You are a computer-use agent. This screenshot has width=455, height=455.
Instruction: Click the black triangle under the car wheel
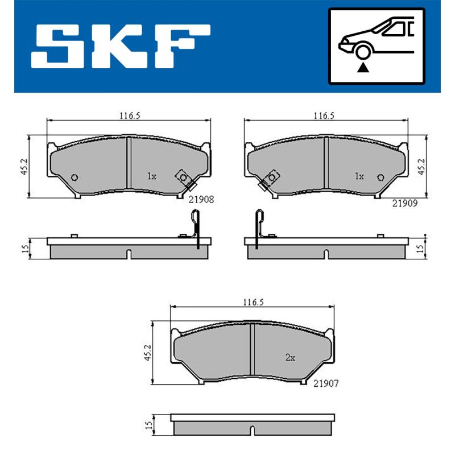click(x=362, y=68)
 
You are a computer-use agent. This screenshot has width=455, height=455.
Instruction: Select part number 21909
click(x=404, y=202)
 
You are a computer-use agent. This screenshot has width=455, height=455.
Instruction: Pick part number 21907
click(x=326, y=385)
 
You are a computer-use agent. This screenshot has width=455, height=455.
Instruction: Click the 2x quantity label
click(x=290, y=358)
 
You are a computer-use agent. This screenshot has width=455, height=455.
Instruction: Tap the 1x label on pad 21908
click(x=151, y=176)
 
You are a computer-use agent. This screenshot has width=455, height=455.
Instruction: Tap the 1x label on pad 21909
click(x=359, y=176)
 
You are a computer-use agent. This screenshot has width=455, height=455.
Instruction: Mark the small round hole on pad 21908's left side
click(x=74, y=177)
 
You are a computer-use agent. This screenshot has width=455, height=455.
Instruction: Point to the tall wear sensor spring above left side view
click(x=195, y=225)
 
